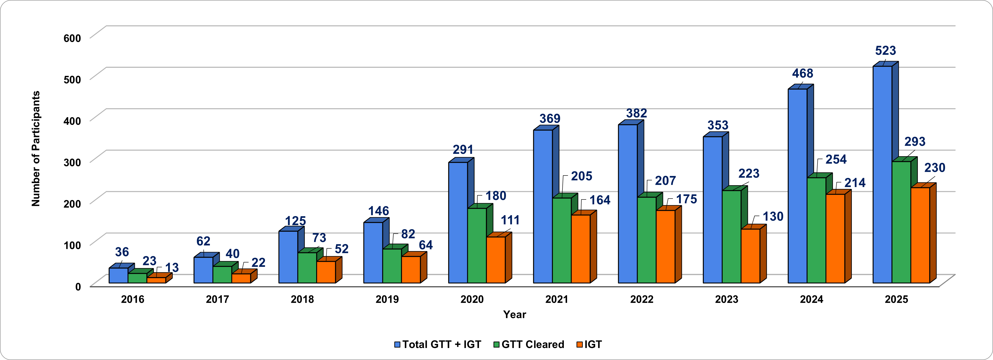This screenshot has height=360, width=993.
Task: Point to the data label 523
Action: [886, 51]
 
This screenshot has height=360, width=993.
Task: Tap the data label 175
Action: [687, 199]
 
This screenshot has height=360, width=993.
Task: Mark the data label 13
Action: [172, 268]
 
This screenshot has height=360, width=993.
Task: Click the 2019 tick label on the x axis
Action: [387, 300]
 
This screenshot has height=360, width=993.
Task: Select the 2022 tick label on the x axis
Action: [642, 300]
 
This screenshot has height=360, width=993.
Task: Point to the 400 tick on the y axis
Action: [72, 121]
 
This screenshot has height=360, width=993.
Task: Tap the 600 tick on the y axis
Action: [72, 38]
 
